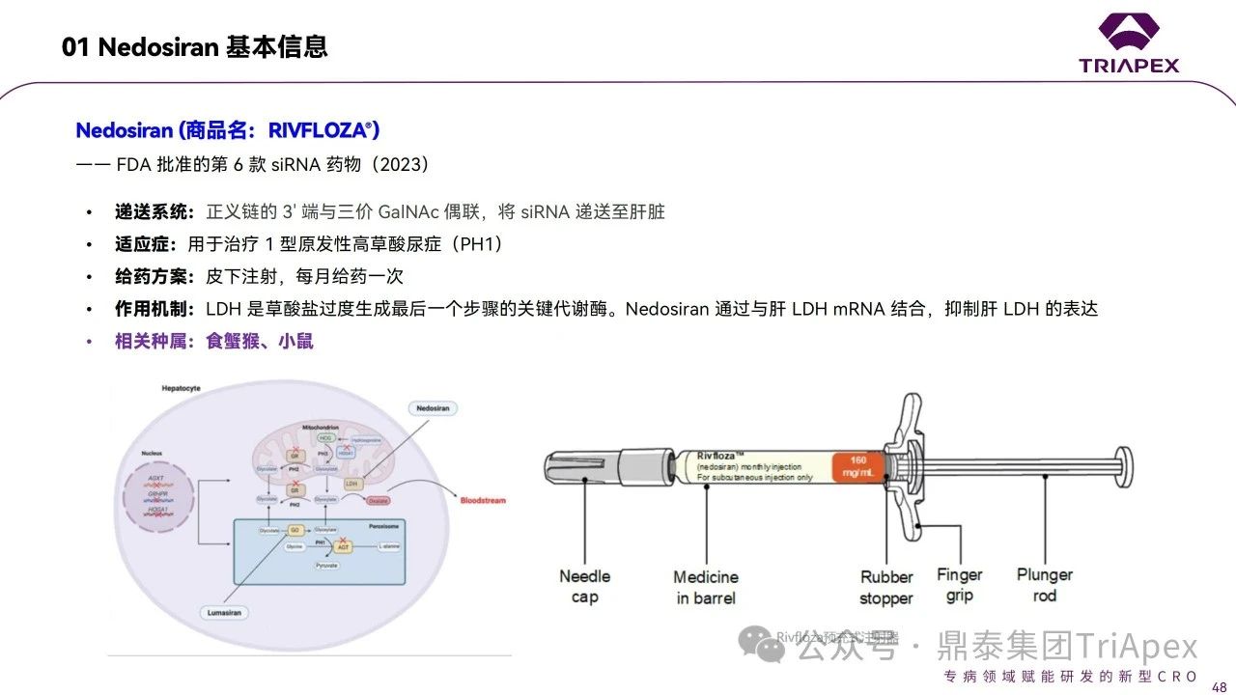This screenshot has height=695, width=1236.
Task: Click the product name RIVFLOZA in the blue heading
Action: [323, 130]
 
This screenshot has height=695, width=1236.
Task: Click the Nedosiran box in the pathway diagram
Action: [434, 409]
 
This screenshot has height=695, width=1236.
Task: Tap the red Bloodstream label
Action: [483, 500]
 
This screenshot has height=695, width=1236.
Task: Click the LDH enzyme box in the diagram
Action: [353, 482]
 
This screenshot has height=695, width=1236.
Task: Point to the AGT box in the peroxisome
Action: [342, 546]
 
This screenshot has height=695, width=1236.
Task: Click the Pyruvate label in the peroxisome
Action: [327, 565]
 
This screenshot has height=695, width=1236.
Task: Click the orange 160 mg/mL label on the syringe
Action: [857, 466]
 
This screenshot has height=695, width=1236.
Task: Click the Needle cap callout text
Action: [585, 586]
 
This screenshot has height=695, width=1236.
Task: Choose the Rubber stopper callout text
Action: [886, 587]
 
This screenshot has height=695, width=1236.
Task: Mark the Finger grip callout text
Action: [959, 585]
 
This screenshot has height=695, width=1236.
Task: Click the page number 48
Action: [1219, 685]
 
